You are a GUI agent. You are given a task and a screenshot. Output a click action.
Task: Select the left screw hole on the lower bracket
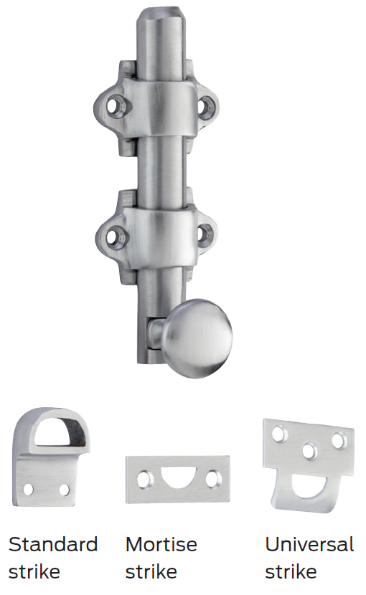pyautogui.click(x=114, y=233)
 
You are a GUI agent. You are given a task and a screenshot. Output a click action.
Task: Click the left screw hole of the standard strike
pyautogui.click(x=29, y=489)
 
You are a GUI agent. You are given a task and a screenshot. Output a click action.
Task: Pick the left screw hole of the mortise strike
pyautogui.click(x=146, y=480)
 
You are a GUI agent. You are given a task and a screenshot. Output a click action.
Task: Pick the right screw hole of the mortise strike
pyautogui.click(x=211, y=480)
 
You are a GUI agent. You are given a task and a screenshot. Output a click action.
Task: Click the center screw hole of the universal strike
pyautogui.click(x=309, y=451)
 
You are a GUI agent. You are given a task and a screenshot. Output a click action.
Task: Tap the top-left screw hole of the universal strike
pyautogui.click(x=278, y=433)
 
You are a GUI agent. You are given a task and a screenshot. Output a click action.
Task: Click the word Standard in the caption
pyautogui.click(x=52, y=545)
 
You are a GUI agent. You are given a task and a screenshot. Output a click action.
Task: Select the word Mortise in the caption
pyautogui.click(x=161, y=545)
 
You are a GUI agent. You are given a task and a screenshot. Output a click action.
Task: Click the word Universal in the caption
pyautogui.click(x=309, y=545)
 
